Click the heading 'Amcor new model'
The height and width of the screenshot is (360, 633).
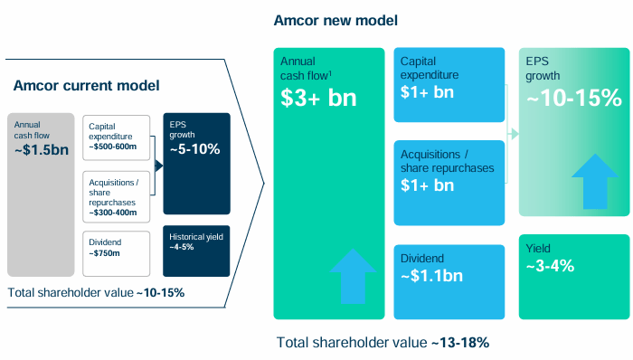click(336, 20)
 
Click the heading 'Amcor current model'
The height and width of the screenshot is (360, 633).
click(86, 85)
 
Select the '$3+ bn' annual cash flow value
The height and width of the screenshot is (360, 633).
click(319, 99)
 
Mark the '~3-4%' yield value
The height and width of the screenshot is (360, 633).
click(550, 265)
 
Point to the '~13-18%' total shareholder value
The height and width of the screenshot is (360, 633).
click(460, 343)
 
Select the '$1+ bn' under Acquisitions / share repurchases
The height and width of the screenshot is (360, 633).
click(427, 186)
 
